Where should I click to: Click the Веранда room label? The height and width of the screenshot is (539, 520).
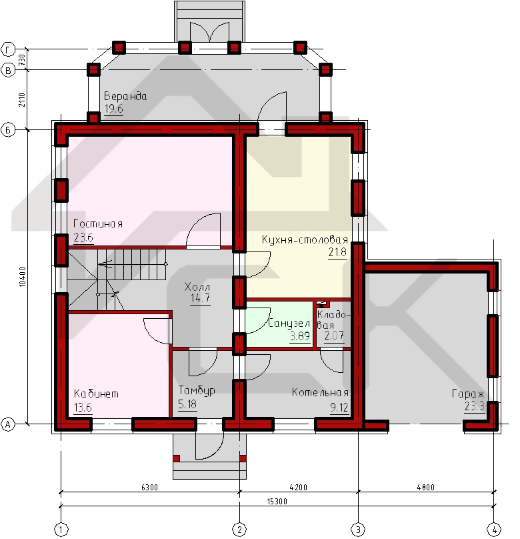[125, 96]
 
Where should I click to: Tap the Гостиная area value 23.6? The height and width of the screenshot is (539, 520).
[83, 237]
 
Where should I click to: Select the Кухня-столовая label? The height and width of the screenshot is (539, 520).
[305, 239]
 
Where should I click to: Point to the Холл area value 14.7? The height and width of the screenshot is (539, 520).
[200, 298]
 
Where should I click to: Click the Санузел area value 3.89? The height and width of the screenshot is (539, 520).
[300, 336]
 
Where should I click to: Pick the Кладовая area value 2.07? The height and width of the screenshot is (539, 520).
[334, 335]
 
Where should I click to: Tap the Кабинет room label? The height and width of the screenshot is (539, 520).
[96, 394]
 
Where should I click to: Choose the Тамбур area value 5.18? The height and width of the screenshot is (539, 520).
[187, 404]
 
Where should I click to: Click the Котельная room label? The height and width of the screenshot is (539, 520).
[320, 392]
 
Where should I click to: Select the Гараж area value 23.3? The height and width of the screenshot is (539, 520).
[474, 406]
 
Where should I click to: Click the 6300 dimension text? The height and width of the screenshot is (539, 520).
[150, 487]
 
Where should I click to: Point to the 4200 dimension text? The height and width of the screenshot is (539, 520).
[299, 487]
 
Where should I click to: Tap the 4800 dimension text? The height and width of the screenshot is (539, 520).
[426, 487]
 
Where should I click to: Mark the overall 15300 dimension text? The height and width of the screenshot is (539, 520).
[277, 501]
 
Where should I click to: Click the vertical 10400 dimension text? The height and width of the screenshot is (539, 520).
[22, 277]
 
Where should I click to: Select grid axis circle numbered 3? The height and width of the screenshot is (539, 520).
[358, 530]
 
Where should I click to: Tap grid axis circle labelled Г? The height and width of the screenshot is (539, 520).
[8, 49]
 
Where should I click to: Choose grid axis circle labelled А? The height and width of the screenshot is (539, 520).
[8, 424]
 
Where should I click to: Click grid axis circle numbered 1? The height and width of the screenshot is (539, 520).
[61, 530]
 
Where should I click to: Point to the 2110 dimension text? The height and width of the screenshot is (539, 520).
[22, 99]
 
